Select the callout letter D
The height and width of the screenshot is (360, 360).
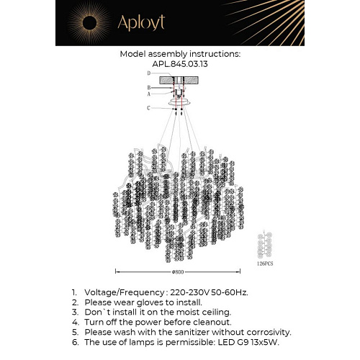148,73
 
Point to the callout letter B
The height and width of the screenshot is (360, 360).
148,88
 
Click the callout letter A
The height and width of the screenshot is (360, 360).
148,94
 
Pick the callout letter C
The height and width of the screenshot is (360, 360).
148,108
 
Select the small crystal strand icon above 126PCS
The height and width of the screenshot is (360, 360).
266,246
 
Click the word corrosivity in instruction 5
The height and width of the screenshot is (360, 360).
267,332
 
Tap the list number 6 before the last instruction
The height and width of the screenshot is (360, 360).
74,342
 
